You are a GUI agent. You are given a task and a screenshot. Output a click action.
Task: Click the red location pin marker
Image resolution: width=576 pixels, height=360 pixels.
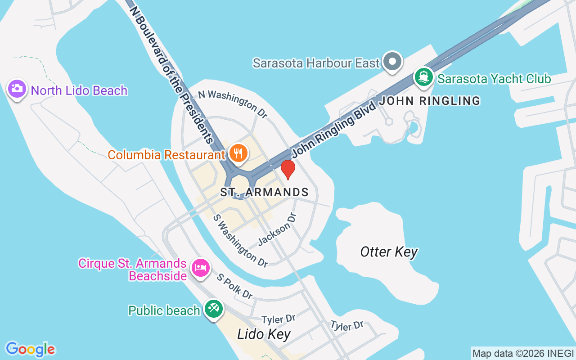(x=288, y=169)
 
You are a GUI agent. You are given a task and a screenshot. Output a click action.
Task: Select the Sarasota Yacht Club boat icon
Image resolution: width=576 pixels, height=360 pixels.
(x=423, y=77)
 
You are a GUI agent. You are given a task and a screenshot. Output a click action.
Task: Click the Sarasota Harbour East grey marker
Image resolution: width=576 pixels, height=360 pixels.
(x=392, y=61)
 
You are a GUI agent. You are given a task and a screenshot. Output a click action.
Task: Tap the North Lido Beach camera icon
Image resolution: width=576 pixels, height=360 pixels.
(x=17, y=89)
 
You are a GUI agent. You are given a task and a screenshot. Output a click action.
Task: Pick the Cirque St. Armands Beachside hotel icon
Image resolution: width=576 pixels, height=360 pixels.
(x=200, y=268)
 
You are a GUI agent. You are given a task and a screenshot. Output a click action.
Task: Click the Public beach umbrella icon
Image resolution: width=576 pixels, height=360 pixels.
(x=213, y=309)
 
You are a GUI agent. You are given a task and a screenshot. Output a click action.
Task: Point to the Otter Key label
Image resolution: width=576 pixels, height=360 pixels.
(x=389, y=252)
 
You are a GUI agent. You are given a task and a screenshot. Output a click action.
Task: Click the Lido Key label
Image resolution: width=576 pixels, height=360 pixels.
(x=264, y=334)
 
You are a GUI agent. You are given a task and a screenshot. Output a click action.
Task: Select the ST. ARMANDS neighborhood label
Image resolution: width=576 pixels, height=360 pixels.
(x=264, y=193)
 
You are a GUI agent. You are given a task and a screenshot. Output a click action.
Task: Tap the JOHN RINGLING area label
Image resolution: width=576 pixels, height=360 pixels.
(x=430, y=101)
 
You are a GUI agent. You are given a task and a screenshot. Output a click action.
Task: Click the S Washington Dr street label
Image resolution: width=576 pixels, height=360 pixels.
(x=241, y=240)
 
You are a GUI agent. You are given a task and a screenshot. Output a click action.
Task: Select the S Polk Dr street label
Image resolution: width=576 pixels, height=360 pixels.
(x=234, y=286)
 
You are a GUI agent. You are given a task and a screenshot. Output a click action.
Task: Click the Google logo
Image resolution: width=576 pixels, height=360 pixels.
(x=30, y=349)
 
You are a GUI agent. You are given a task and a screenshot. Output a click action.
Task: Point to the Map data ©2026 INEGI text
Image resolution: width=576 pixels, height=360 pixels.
(x=523, y=353)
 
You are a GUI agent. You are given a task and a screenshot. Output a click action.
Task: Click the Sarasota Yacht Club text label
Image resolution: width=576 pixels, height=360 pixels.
(x=494, y=79)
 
